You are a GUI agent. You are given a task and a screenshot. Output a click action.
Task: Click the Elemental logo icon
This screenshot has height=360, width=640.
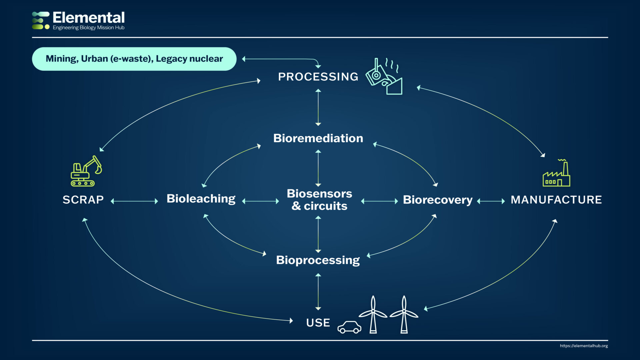(x=41, y=20)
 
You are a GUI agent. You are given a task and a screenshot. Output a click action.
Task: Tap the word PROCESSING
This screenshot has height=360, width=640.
(x=318, y=77)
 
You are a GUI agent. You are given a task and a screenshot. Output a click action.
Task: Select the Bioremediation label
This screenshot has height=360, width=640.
(x=318, y=138)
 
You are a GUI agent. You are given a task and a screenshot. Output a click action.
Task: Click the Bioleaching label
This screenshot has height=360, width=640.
(x=201, y=199)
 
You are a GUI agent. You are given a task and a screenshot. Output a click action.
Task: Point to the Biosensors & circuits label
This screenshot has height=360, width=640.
(x=319, y=200)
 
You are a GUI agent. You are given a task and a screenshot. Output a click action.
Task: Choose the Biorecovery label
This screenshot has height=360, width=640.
(x=438, y=200)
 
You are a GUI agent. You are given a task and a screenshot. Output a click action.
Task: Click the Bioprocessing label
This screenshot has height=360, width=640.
(x=318, y=260)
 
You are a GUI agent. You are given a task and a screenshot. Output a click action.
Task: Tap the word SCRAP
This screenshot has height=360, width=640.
(x=83, y=200)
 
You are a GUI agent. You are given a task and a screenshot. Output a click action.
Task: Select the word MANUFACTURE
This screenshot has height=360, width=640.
(x=556, y=200)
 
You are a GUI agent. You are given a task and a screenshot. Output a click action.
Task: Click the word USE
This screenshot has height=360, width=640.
(x=318, y=323)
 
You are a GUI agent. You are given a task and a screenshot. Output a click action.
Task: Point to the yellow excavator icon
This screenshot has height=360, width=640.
(x=86, y=171)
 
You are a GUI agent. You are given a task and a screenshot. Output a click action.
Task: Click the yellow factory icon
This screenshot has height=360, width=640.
(x=556, y=173)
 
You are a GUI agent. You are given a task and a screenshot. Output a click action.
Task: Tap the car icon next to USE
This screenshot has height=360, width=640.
(x=349, y=327)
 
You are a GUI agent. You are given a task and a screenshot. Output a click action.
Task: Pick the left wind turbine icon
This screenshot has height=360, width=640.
(x=373, y=315)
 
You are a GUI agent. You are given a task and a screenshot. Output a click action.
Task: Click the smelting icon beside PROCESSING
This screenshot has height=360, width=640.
(x=384, y=76)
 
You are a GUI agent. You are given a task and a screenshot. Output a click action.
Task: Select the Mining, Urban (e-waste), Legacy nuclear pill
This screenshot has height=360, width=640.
(x=134, y=59)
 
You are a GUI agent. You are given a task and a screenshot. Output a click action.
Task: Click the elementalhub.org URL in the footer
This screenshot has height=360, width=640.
(x=584, y=346)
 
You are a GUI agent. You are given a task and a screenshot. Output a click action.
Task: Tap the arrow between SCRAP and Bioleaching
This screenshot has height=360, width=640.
(x=134, y=201)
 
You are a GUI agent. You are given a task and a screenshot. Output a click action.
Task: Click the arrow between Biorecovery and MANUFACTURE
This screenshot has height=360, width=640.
(x=491, y=201)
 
